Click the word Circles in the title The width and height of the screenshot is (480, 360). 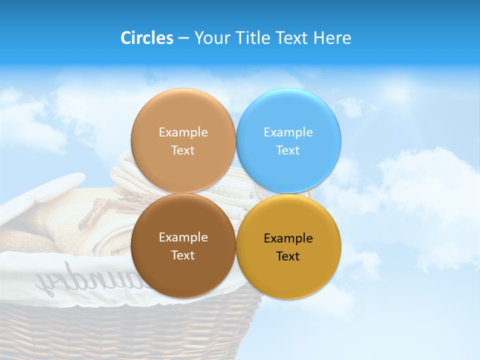(146, 38)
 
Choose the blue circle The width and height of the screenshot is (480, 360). (288, 170)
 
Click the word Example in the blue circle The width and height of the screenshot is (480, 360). (288, 132)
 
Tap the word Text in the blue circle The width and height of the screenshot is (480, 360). (288, 150)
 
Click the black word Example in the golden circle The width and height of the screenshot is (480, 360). (288, 238)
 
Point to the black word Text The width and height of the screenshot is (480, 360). (288, 256)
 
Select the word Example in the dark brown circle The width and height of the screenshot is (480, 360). (183, 237)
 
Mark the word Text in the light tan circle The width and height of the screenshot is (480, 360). (183, 150)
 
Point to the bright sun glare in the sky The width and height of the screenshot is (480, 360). (400, 92)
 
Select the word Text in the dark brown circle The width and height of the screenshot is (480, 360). (183, 255)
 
